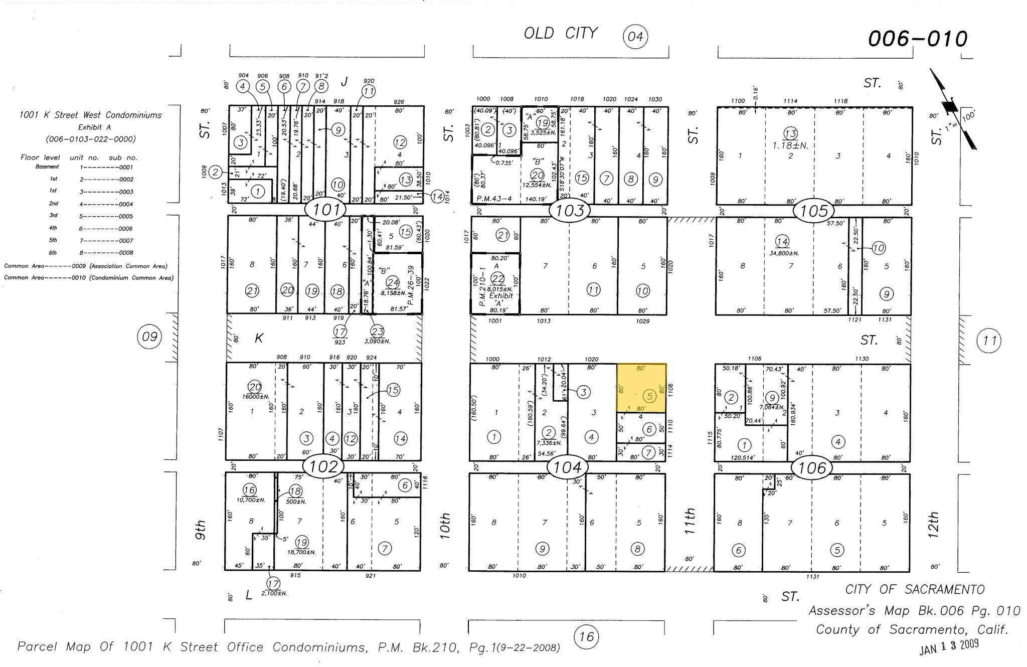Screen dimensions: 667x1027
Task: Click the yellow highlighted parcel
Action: (x=641, y=388)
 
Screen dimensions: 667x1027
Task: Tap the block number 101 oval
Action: (x=326, y=209)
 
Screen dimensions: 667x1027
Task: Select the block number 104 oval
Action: (x=567, y=467)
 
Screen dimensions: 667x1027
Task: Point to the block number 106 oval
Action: (x=812, y=468)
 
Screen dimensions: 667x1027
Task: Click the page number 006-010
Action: (x=918, y=39)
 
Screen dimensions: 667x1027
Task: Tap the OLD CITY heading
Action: (x=561, y=33)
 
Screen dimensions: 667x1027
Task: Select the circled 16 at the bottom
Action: (x=586, y=637)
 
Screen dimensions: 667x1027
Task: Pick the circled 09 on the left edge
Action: (x=149, y=337)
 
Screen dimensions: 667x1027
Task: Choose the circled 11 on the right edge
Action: (x=989, y=342)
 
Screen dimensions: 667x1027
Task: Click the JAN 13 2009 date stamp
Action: (x=949, y=647)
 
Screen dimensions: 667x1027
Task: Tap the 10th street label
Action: (x=445, y=526)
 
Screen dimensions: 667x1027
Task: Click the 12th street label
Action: (x=933, y=525)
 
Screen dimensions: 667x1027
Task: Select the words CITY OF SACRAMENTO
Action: (x=915, y=590)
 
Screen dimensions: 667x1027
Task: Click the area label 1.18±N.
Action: (x=790, y=145)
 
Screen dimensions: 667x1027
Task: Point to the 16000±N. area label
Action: (x=255, y=397)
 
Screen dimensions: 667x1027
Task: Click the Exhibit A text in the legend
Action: (x=90, y=127)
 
